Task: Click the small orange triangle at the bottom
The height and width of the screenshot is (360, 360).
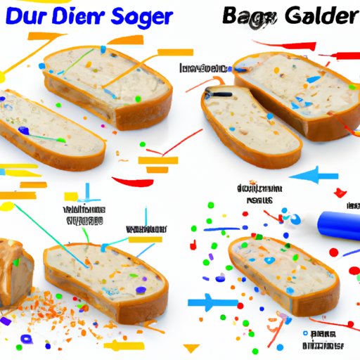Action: pyautogui.click(x=190, y=347)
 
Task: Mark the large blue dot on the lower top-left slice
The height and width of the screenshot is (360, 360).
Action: pyautogui.click(x=24, y=129)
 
